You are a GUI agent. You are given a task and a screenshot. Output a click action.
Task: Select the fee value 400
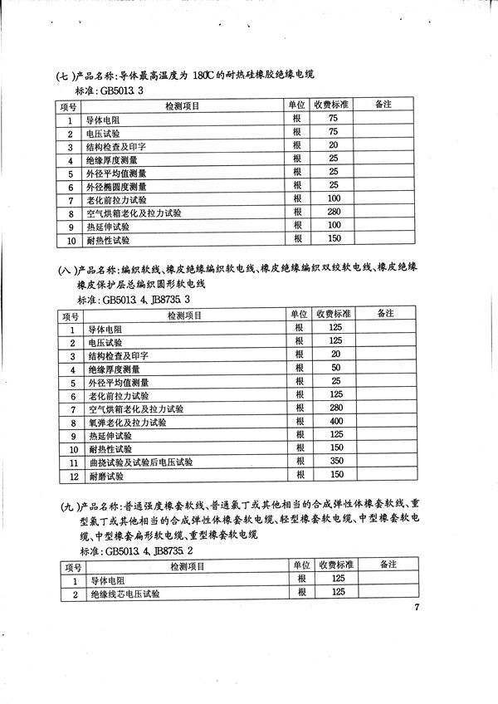pos(335,422)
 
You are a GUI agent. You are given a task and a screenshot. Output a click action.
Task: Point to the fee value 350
pos(335,462)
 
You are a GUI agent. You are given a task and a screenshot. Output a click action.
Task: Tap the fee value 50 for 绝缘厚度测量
pos(335,368)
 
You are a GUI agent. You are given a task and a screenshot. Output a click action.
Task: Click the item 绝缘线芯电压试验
pos(124,594)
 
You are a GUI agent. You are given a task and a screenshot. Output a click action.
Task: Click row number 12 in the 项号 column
pos(72,477)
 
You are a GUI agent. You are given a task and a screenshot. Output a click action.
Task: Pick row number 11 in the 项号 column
pos(72,462)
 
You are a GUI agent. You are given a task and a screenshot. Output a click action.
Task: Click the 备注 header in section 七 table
pos(383,105)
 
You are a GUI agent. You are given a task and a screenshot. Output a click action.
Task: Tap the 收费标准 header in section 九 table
pos(337,565)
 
